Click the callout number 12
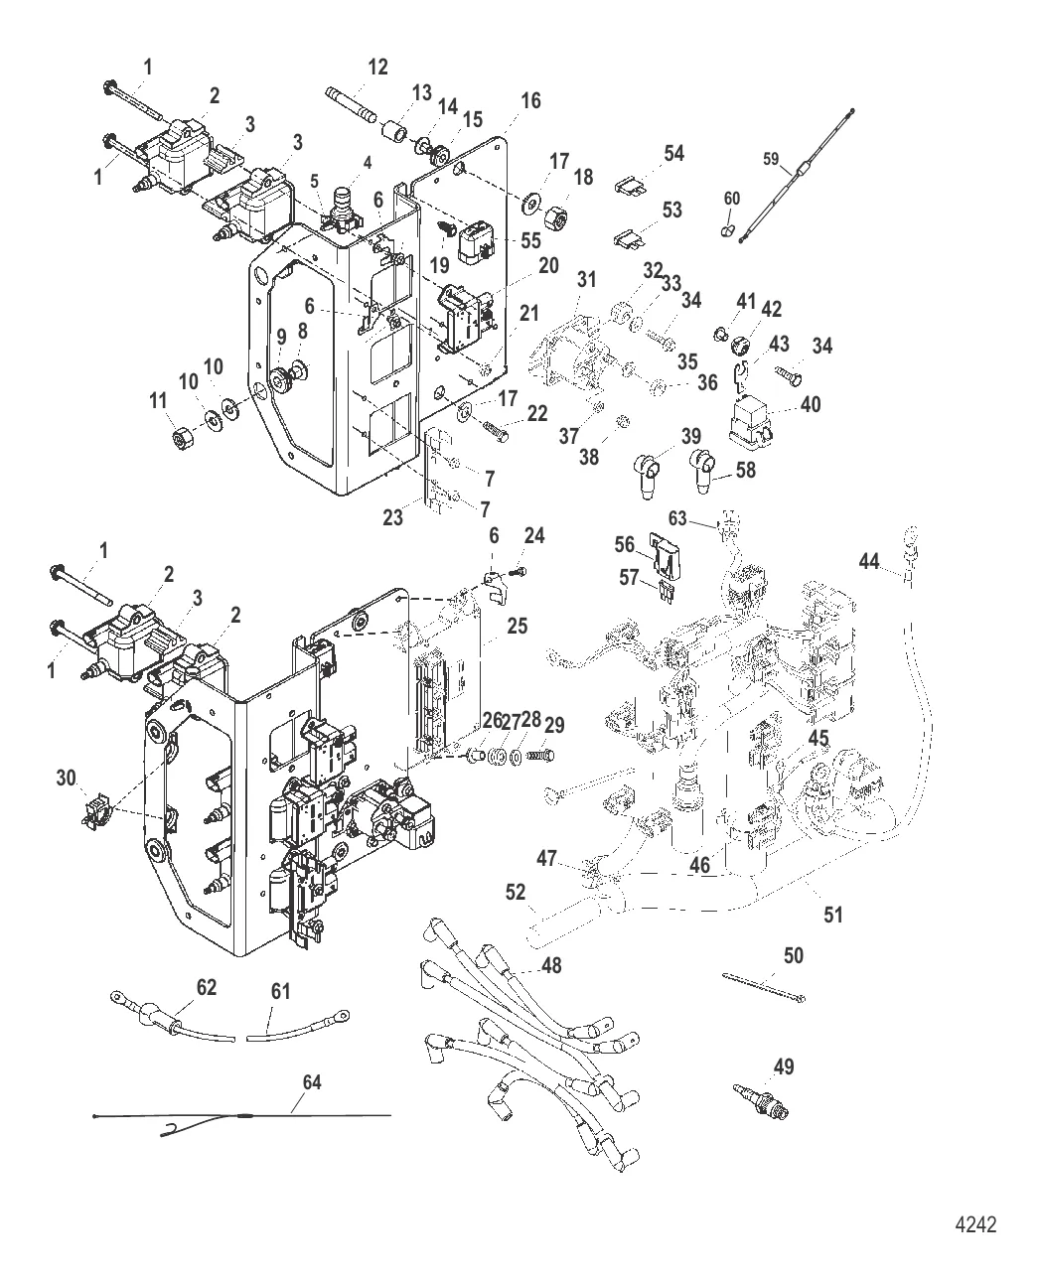pos(377,68)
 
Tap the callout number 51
pos(833,914)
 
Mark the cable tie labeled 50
pos(763,989)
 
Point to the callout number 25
pos(516,627)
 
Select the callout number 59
pos(772,159)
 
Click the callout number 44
pos(868,562)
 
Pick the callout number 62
pos(206,988)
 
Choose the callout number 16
pos(530,100)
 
